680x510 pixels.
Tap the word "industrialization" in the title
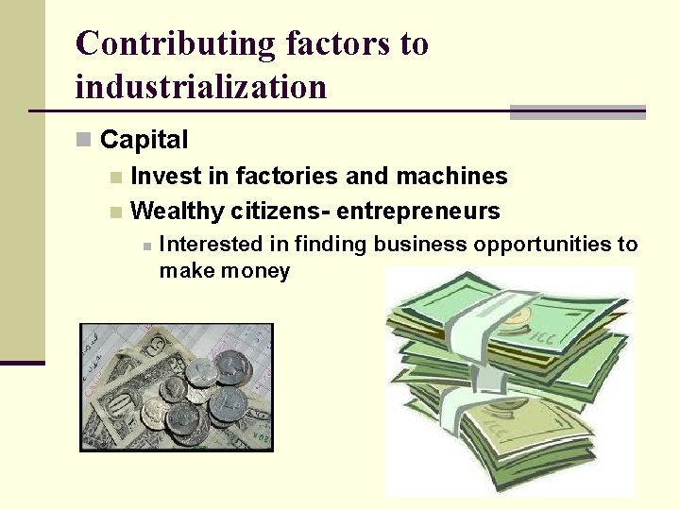[200, 87]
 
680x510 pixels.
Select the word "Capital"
[144, 141]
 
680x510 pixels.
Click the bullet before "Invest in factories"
[114, 178]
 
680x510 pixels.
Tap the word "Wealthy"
[178, 211]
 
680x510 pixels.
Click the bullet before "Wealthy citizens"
[114, 212]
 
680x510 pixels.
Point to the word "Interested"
[212, 245]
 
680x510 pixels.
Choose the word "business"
[420, 245]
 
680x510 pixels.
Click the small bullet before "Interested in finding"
[146, 246]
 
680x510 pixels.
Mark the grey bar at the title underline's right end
[577, 112]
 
